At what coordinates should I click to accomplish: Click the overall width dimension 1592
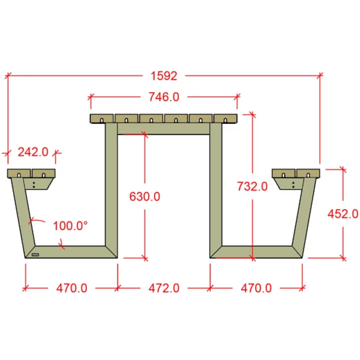tap(164, 76)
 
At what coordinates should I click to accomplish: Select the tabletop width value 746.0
tap(164, 97)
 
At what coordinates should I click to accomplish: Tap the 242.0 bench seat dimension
tap(33, 152)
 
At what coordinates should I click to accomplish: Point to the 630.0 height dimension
tap(145, 197)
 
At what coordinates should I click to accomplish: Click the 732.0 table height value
tap(253, 187)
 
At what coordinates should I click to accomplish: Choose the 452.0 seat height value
tap(343, 214)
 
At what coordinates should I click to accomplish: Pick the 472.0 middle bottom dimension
tap(164, 288)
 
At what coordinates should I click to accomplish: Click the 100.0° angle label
tap(70, 226)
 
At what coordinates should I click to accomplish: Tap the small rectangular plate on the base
tap(35, 255)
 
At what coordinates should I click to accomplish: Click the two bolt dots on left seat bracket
tap(34, 185)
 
